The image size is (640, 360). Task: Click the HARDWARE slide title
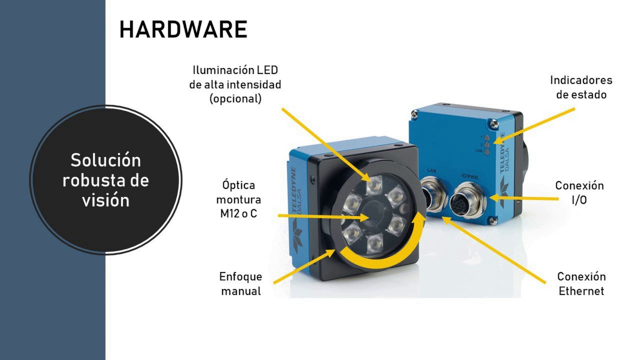click(183, 29)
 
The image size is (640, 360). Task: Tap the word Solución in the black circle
click(105, 160)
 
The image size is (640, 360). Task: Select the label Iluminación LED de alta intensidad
click(235, 77)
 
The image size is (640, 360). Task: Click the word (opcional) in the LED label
click(235, 99)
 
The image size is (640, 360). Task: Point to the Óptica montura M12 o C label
click(238, 199)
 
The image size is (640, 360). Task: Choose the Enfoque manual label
click(240, 283)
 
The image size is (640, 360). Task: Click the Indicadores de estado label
click(581, 87)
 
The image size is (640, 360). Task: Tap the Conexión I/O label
click(579, 192)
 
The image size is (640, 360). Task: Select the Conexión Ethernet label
click(581, 283)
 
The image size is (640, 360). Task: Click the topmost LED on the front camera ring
click(373, 185)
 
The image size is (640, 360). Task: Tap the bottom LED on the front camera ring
click(374, 244)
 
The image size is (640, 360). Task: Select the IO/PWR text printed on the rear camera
click(469, 177)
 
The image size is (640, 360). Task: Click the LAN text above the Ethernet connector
click(431, 170)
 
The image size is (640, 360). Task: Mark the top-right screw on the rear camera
click(493, 123)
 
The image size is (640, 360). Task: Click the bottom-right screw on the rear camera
click(493, 220)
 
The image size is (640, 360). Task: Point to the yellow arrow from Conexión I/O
click(525, 198)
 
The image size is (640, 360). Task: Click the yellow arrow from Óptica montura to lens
click(323, 216)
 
